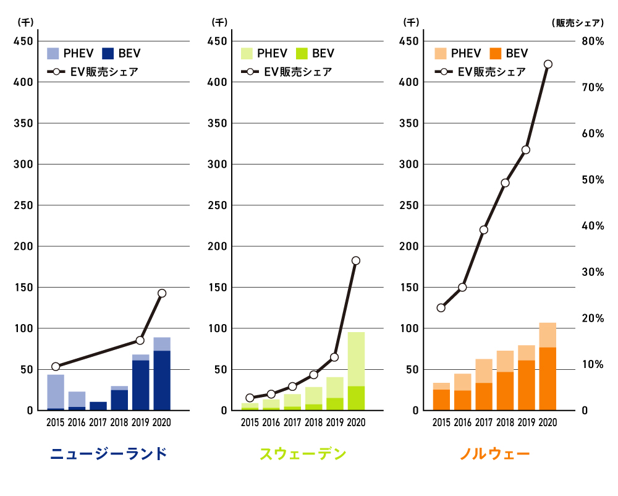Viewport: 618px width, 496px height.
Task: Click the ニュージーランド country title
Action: coord(109,455)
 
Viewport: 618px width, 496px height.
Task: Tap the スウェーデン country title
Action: coord(302,455)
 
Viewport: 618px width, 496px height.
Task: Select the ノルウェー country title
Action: coord(494,455)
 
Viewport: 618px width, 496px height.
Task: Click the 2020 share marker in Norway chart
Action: coord(548,64)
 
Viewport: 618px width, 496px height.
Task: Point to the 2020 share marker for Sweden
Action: coord(356,260)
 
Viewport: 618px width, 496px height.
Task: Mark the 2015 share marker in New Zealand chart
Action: coord(56,367)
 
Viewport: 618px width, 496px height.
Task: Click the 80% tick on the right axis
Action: coord(591,41)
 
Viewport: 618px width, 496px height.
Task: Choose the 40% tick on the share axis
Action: coord(591,226)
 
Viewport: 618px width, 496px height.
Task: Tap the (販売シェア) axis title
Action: coord(577,23)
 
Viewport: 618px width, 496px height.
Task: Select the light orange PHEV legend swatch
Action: coord(441,53)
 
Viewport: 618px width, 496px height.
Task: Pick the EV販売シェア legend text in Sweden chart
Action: coord(297,72)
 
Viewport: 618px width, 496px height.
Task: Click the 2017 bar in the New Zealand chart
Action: coord(98,406)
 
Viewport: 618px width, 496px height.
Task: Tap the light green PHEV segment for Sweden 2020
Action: coord(356,359)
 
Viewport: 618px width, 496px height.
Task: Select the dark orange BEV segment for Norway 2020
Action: coord(548,378)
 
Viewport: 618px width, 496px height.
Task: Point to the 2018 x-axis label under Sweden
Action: coord(313,422)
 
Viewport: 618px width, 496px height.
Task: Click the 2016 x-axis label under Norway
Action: coord(462,422)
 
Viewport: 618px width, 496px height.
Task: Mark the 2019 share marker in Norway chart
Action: coord(526,150)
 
